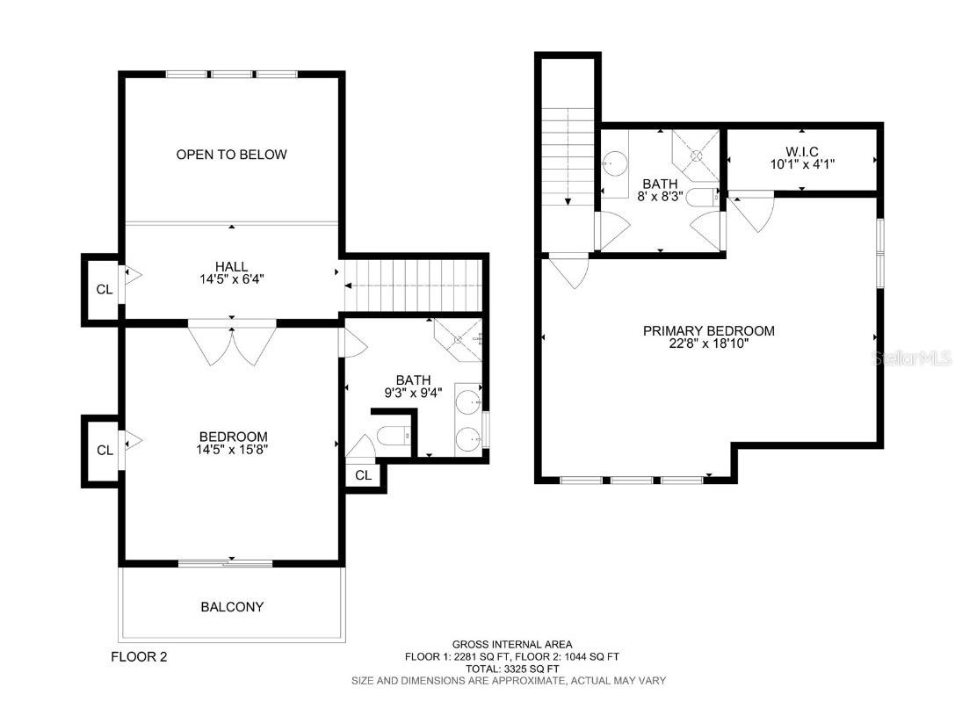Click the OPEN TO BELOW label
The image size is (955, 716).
coord(231,155)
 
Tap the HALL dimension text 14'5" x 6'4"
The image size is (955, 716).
coord(231,280)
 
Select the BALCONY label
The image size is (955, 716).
coord(232,607)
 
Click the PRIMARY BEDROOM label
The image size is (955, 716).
coord(708,331)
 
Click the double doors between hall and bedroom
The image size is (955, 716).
coord(232,344)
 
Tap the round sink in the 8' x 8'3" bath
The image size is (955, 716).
coord(616,163)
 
